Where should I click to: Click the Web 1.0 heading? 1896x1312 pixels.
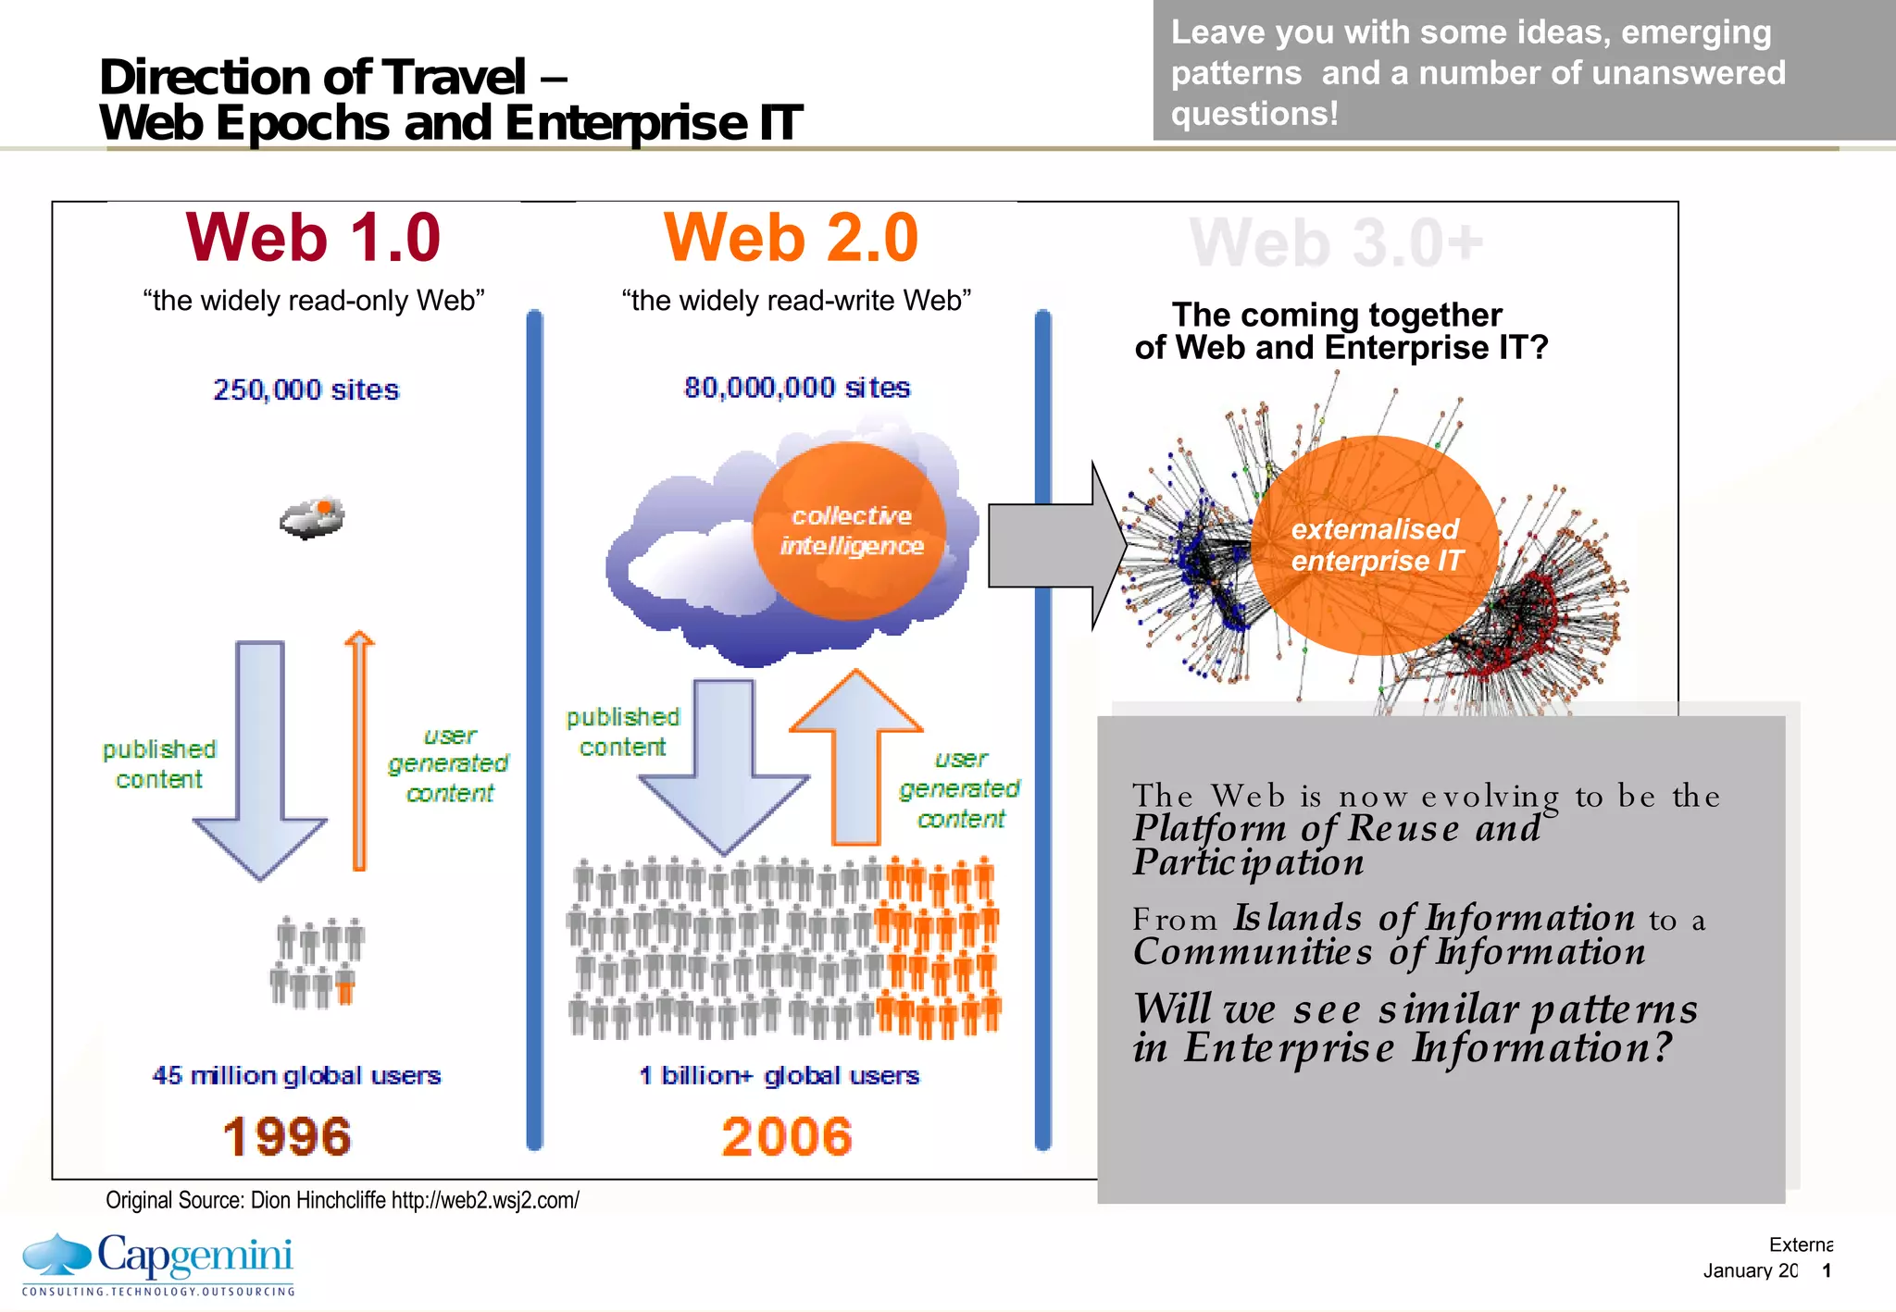(x=313, y=238)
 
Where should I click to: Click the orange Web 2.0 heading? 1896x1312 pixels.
(x=791, y=238)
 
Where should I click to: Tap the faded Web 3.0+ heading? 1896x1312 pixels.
(x=1335, y=243)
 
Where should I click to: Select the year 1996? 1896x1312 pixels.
(x=287, y=1136)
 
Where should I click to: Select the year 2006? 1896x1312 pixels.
(x=787, y=1136)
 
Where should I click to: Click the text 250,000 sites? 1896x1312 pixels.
(x=306, y=390)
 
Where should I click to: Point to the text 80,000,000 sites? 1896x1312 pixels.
(x=797, y=388)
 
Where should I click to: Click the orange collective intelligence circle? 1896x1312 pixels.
(x=850, y=530)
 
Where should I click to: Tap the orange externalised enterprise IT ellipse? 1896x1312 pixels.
(x=1375, y=545)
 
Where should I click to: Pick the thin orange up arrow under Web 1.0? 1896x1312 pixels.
(x=359, y=749)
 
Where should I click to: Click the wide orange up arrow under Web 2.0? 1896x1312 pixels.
(x=856, y=759)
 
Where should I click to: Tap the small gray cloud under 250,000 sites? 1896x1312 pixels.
(x=313, y=518)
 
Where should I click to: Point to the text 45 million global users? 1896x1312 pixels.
(x=296, y=1075)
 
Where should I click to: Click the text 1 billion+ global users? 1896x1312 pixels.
(x=779, y=1075)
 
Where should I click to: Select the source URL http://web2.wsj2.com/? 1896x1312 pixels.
(x=485, y=1200)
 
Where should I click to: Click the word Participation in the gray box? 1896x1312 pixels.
(x=1248, y=862)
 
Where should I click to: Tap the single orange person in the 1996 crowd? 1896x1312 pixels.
(x=345, y=988)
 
